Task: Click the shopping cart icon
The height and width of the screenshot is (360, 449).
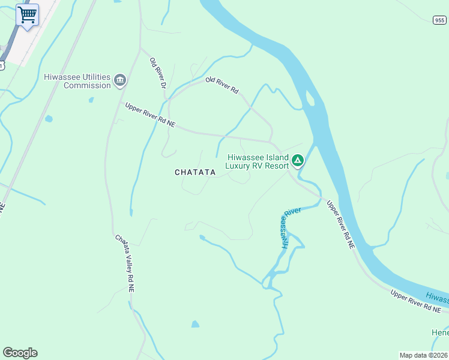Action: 27,14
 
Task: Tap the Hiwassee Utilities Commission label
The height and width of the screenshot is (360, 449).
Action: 77,81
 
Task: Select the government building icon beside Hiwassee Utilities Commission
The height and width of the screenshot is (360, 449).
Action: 120,80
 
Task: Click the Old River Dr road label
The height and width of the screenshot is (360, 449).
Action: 157,74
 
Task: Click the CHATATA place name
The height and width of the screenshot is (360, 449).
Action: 195,172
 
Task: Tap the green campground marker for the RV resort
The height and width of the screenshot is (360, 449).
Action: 298,161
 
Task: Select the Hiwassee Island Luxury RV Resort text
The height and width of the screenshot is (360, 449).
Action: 257,161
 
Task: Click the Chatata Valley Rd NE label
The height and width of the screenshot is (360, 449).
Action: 125,263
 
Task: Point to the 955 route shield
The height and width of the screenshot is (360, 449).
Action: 439,20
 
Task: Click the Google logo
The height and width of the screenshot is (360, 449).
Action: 20,353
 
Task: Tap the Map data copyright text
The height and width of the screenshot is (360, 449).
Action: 423,355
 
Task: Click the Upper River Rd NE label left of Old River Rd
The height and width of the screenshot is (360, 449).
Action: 150,115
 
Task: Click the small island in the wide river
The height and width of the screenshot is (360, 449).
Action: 311,99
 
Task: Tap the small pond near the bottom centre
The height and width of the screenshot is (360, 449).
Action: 195,324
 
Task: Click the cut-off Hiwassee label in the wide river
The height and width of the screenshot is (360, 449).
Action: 437,297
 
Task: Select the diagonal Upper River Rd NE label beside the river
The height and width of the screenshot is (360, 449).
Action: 340,224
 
